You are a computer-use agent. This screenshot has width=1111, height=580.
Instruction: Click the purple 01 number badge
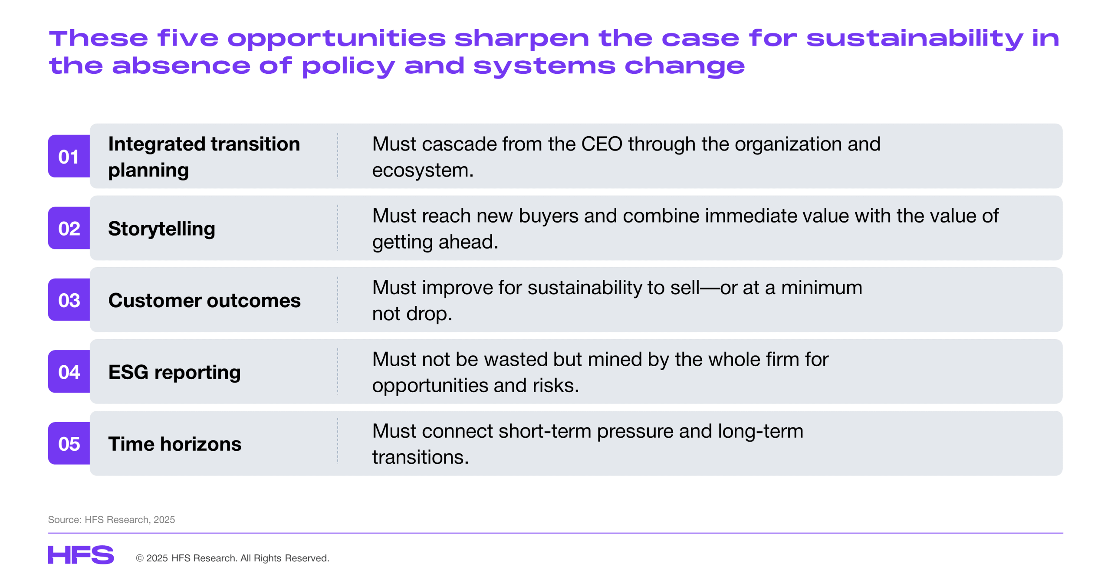click(x=69, y=156)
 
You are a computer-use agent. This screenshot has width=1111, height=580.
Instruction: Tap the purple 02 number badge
click(x=69, y=228)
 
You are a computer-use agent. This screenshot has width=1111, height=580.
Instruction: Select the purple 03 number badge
click(x=69, y=300)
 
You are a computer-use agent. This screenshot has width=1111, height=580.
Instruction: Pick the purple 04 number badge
click(x=69, y=372)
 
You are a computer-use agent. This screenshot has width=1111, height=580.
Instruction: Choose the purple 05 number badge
click(x=69, y=443)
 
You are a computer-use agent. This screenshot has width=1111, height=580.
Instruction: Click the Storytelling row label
click(x=161, y=229)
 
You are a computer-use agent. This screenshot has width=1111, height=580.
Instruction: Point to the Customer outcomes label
click(x=204, y=300)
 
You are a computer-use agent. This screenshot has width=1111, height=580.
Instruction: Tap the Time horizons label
click(x=175, y=444)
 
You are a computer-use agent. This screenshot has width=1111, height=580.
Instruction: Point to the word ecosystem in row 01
click(x=420, y=170)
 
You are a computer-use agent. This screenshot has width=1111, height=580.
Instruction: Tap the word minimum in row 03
click(x=822, y=288)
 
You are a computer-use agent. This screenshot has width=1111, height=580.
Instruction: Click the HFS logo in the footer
click(x=81, y=555)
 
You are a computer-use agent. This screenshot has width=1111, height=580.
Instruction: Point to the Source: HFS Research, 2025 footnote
click(x=112, y=520)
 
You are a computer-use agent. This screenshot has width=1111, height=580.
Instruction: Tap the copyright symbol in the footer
click(x=140, y=558)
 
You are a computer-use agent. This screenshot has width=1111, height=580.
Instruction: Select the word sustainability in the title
click(x=915, y=39)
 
